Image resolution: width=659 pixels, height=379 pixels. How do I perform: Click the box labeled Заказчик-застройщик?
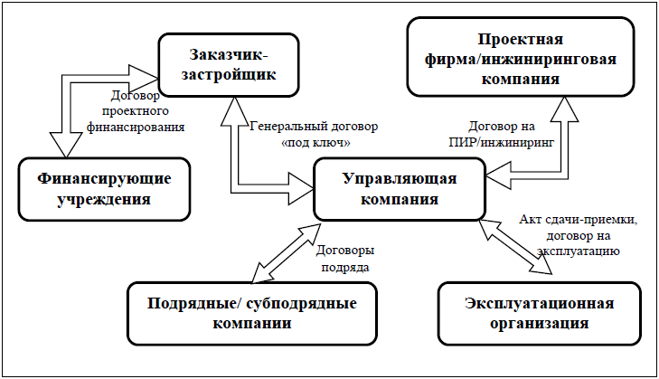[228, 65]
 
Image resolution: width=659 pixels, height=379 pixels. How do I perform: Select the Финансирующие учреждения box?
[104, 189]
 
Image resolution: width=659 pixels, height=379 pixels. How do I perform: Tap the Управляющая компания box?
[400, 189]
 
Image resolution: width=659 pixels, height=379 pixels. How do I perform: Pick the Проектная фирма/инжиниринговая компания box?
[521, 57]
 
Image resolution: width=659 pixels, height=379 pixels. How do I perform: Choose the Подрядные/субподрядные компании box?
[252, 314]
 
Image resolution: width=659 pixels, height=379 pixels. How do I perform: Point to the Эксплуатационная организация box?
[539, 314]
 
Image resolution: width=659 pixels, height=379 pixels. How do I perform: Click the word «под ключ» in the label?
[315, 143]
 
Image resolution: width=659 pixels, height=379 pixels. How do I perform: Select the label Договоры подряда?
[345, 259]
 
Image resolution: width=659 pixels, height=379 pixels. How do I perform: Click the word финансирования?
[136, 127]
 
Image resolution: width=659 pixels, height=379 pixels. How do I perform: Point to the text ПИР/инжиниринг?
[502, 143]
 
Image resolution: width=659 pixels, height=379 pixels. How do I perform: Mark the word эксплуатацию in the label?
[579, 251]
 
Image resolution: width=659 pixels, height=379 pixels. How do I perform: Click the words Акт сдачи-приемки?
[579, 220]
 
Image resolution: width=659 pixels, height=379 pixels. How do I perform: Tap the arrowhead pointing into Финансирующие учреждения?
[66, 145]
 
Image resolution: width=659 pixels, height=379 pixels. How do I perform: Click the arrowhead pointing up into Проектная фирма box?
[564, 109]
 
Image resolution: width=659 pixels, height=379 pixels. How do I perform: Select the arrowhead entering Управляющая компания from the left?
[301, 189]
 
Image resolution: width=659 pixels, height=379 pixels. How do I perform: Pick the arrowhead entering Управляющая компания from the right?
[499, 175]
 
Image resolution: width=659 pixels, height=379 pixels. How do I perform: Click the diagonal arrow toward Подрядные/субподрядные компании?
[287, 252]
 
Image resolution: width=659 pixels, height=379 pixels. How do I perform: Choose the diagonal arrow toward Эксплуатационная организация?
[515, 247]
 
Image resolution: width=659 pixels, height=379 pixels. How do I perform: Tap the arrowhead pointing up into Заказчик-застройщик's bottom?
[234, 111]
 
